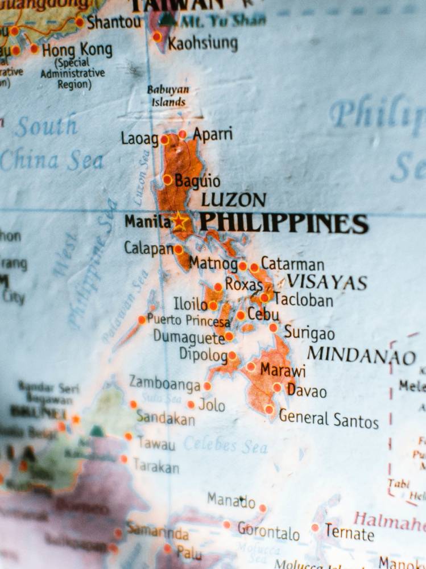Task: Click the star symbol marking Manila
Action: pos(180,221)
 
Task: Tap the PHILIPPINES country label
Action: pos(283,222)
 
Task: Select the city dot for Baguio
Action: pos(167,180)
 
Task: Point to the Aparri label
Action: pos(213,134)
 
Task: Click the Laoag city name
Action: pos(139,138)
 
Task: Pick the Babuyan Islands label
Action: pos(168,96)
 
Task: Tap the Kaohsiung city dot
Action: pos(157,37)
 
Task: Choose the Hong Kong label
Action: pos(77,50)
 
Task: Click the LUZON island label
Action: pos(234,200)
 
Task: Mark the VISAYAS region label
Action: pos(326,282)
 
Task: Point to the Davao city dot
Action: pos(277,387)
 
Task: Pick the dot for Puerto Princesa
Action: pos(142,320)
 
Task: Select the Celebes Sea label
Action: pos(226,444)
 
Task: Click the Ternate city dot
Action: pos(315,527)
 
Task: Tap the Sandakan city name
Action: pos(166,419)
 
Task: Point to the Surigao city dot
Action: pos(273,328)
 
